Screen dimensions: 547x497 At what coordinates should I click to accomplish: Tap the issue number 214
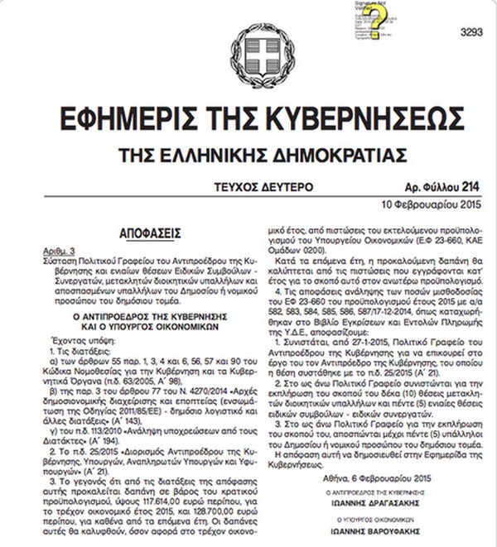470,188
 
